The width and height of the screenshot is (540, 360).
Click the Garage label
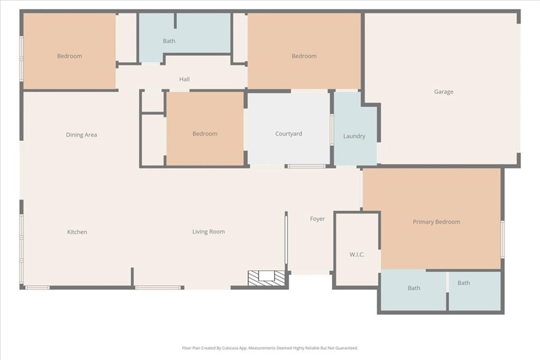(443, 92)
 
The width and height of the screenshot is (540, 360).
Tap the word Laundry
(354, 136)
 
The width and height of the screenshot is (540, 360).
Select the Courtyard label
(288, 134)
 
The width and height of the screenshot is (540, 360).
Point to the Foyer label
(317, 219)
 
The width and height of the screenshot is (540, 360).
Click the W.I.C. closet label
(357, 255)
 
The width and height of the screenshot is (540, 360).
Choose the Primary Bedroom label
(436, 222)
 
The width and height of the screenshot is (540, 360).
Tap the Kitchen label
(77, 232)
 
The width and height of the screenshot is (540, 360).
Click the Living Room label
(208, 231)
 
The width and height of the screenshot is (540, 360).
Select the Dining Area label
(81, 135)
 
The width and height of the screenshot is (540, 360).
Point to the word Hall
(184, 80)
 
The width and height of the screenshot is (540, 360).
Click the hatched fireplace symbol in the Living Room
(266, 277)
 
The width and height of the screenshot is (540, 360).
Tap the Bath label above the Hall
(169, 41)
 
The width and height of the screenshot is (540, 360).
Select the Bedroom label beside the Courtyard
(205, 134)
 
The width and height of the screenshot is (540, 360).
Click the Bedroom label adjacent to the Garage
(304, 56)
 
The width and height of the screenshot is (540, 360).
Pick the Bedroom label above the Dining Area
(69, 56)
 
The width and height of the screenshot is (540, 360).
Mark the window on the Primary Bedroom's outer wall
(503, 232)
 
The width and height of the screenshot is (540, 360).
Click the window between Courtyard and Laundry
(332, 129)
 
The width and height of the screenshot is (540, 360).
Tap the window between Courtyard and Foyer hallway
(306, 167)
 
